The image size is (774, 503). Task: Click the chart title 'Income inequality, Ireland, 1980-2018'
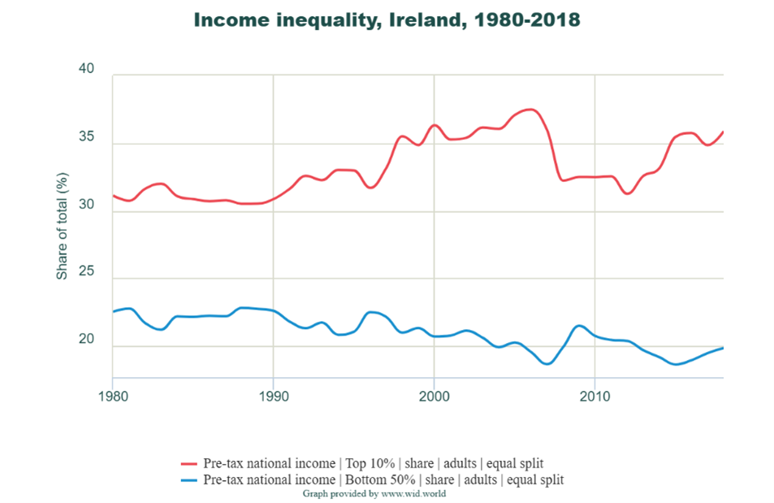(x=387, y=20)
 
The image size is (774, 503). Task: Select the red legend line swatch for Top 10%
(x=191, y=463)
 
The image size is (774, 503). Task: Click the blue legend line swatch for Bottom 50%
(x=191, y=479)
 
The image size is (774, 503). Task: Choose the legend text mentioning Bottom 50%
(x=383, y=479)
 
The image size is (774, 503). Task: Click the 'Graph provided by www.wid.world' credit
(x=374, y=493)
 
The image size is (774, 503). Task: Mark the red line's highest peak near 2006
(x=530, y=109)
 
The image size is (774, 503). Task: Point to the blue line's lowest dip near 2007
(x=547, y=363)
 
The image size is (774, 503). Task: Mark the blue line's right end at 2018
(x=723, y=348)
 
